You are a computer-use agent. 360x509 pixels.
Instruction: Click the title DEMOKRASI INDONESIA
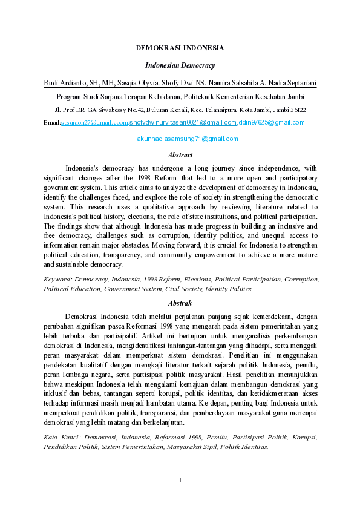pos(180,48)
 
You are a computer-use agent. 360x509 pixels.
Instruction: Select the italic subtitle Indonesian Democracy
pos(180,65)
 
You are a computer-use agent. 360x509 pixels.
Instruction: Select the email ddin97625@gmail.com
pos(272,123)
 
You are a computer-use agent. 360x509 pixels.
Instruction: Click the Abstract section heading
pos(180,155)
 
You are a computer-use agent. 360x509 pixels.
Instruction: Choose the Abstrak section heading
pos(180,303)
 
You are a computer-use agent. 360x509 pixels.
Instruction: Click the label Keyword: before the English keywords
pos(60,280)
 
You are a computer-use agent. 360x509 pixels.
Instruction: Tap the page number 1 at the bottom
pos(180,481)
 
